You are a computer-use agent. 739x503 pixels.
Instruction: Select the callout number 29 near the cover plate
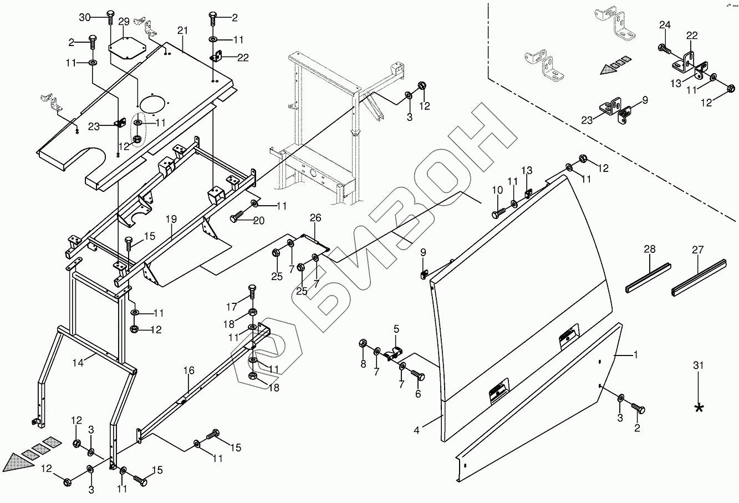(124, 22)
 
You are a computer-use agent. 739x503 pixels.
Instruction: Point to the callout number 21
(184, 29)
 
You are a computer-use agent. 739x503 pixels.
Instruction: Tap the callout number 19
(173, 220)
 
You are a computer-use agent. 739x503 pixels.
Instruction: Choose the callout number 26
(315, 218)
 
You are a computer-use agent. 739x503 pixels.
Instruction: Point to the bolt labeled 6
(418, 377)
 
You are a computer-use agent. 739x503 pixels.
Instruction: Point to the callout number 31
(699, 365)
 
